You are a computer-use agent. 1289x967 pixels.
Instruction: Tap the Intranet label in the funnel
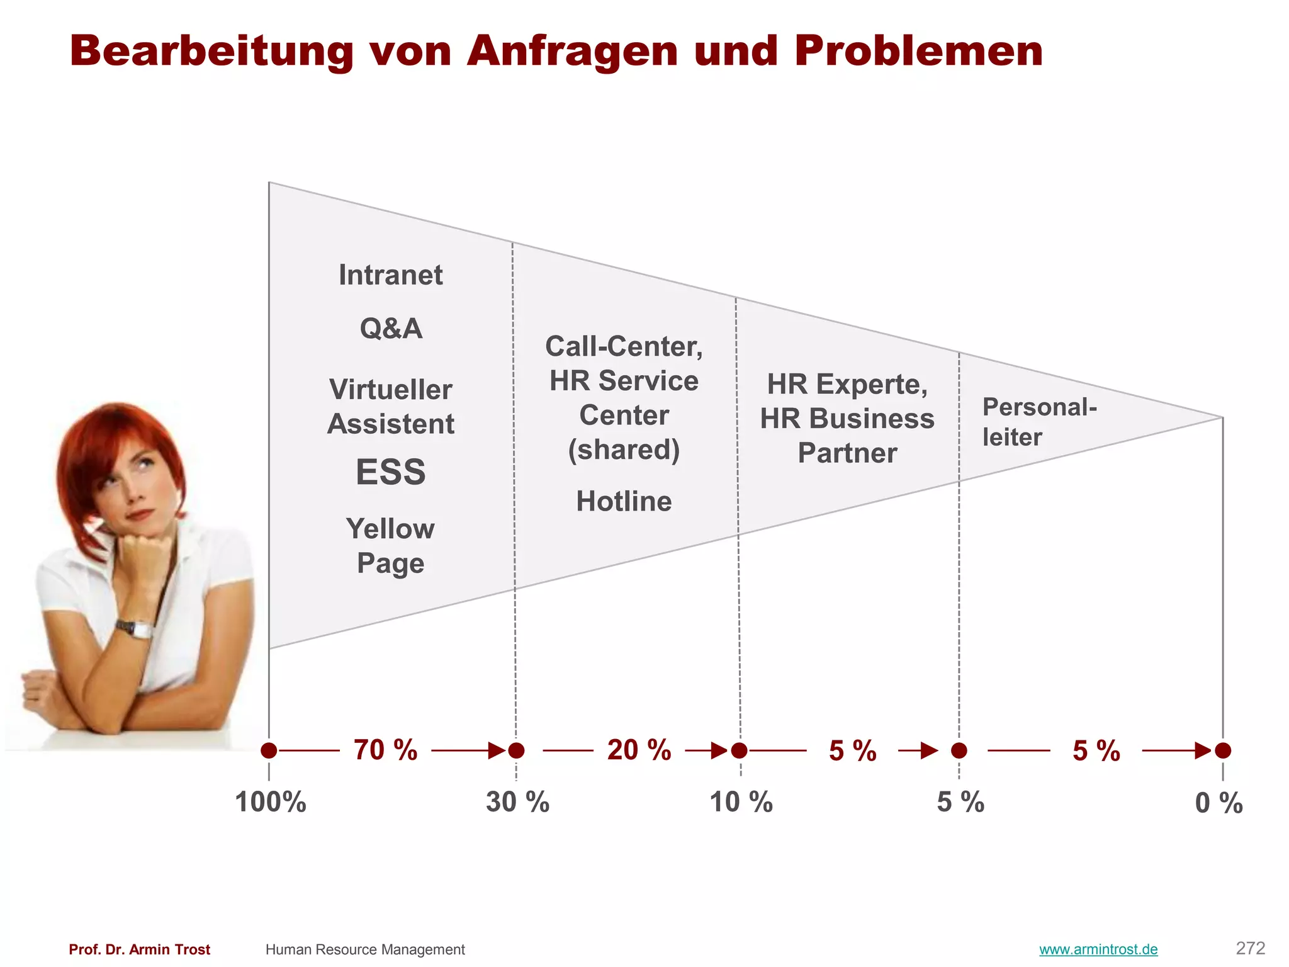point(390,275)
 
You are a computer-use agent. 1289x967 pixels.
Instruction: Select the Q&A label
point(391,329)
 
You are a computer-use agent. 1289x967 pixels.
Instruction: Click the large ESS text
point(390,472)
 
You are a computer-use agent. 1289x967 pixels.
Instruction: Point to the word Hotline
point(624,502)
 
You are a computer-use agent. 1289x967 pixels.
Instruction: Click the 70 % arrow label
point(385,750)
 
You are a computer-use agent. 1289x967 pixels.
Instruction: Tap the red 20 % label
point(639,750)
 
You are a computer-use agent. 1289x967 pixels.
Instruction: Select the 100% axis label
point(271,803)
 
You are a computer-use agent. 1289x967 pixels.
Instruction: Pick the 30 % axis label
point(517,803)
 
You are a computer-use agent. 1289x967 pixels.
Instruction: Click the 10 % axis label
point(741,803)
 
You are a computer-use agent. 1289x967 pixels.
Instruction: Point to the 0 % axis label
point(1219,803)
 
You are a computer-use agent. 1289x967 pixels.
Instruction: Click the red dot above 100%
point(269,750)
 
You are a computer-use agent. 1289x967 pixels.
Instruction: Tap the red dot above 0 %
point(1223,750)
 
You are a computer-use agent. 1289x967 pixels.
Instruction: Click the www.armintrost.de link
point(1098,949)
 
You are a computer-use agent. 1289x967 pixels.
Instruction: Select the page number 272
point(1250,948)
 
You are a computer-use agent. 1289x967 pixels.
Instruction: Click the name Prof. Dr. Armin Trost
point(139,949)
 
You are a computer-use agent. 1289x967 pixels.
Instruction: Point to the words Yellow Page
point(390,546)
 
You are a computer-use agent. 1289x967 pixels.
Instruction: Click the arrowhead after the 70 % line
point(498,750)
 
